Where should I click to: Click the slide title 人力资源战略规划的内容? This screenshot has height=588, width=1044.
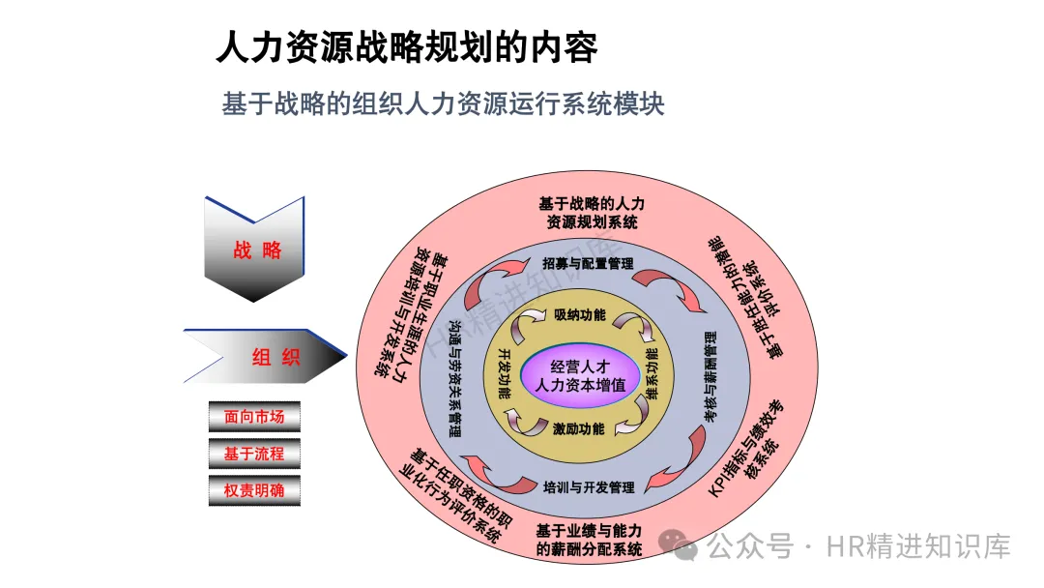tap(406, 47)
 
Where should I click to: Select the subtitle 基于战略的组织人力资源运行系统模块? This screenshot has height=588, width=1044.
tap(443, 103)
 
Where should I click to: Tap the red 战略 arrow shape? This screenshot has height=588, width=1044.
tap(256, 250)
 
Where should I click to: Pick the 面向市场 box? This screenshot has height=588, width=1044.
tap(254, 417)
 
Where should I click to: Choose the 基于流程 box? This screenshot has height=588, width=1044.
tap(254, 454)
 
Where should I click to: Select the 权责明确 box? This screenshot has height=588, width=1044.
tap(254, 490)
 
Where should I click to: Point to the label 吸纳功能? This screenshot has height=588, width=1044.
tap(580, 314)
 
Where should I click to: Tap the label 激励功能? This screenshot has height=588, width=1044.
tap(580, 428)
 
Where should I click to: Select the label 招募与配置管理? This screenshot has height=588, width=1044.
tap(588, 263)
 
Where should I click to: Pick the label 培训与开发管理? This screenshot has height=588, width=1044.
tap(588, 486)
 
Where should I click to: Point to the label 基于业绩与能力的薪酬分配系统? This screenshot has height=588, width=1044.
tap(589, 540)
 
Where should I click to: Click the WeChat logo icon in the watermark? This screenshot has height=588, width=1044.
tap(684, 546)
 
